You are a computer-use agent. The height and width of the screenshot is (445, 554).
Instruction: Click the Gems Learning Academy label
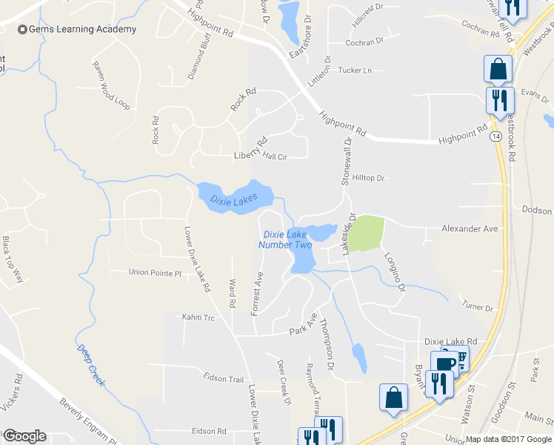point(82,30)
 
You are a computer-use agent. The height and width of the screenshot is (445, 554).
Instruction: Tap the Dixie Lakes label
point(233,200)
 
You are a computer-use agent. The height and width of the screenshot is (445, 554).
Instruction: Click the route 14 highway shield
point(494,138)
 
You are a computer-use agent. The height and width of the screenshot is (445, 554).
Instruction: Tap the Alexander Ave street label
point(470,229)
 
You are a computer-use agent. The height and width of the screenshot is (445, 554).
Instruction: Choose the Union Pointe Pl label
point(155,273)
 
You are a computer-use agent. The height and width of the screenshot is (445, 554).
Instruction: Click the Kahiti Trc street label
point(198,317)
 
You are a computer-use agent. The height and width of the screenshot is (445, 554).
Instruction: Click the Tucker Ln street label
point(354,70)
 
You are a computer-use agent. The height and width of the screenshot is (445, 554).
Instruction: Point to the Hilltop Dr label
point(370,178)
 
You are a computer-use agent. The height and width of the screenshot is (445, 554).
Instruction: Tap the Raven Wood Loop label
point(111,85)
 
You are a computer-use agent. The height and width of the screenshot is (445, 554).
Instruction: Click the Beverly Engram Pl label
point(90,423)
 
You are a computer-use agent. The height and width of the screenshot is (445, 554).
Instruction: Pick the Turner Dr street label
point(477,307)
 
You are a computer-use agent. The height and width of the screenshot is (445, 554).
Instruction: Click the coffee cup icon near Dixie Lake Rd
point(444,364)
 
